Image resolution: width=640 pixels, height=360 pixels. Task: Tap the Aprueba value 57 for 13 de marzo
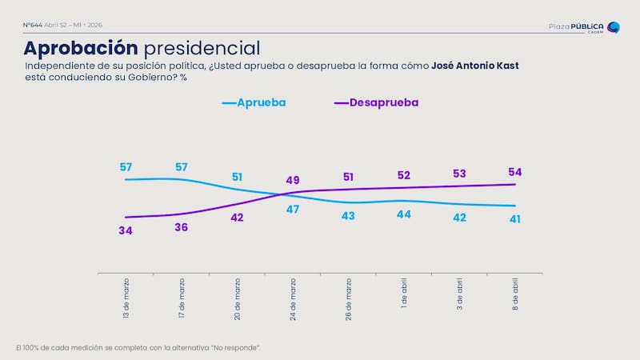[126, 167]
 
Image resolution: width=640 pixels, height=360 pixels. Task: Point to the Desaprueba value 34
[126, 231]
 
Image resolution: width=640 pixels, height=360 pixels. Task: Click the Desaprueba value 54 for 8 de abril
[514, 172]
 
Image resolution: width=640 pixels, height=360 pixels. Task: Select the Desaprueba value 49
[292, 180]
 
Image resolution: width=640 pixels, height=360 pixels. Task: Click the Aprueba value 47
[292, 210]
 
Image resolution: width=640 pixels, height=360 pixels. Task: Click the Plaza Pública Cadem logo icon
[613, 28]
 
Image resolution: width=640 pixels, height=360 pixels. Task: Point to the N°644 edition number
[33, 25]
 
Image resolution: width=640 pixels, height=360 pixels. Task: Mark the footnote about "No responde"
[138, 347]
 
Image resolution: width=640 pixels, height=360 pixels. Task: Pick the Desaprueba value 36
[182, 227]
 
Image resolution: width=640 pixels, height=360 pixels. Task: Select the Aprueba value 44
[403, 214]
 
